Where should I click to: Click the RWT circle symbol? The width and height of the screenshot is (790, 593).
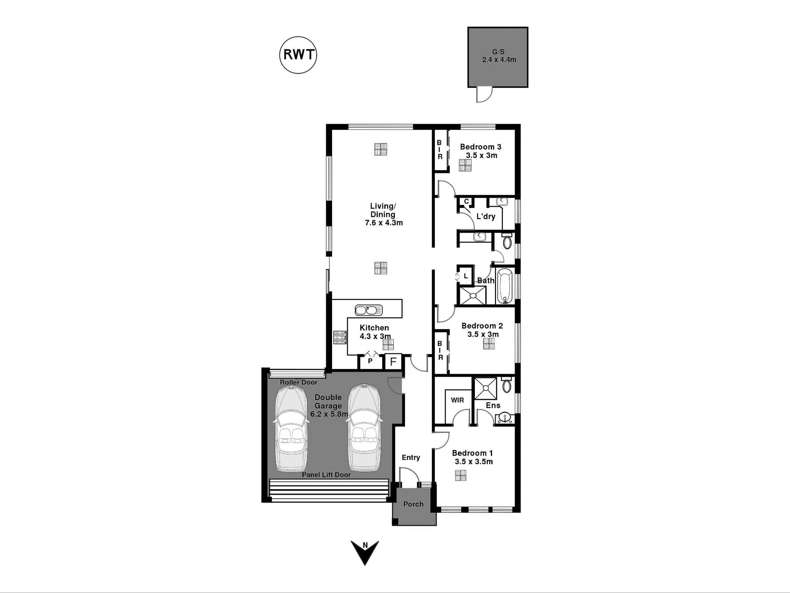[298, 55]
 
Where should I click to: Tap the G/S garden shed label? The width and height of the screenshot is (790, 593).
[498, 52]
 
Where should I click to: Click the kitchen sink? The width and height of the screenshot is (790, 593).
[369, 310]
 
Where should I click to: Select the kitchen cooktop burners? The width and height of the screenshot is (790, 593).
[340, 338]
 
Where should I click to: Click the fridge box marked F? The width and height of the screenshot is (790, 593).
[393, 362]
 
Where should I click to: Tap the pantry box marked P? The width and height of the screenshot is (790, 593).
[370, 361]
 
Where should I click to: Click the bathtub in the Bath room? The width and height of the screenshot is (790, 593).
[505, 286]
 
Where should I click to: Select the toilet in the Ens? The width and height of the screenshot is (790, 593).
[507, 385]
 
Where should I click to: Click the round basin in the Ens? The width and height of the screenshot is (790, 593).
[505, 418]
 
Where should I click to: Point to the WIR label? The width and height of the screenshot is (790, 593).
[458, 400]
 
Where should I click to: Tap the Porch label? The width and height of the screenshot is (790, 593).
[413, 504]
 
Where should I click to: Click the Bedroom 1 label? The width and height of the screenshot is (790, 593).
[472, 453]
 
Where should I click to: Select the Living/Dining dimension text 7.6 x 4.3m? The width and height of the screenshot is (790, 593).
[384, 223]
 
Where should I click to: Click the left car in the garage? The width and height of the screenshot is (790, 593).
[291, 428]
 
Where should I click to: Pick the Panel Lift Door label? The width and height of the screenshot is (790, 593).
[326, 475]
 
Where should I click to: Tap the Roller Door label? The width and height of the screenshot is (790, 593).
[299, 382]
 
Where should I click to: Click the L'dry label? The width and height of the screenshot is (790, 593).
[486, 216]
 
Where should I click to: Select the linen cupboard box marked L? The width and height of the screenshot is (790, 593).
[465, 276]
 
